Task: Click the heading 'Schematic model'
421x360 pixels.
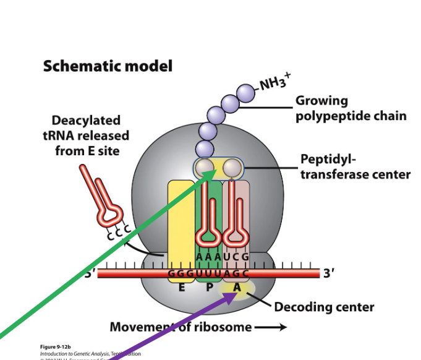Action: (108, 66)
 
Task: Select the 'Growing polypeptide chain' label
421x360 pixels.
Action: (351, 108)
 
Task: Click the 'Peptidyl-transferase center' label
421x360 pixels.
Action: (355, 166)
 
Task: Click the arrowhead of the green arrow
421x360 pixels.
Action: (215, 171)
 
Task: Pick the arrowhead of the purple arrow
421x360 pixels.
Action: (234, 296)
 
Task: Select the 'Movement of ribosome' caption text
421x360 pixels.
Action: (181, 327)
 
